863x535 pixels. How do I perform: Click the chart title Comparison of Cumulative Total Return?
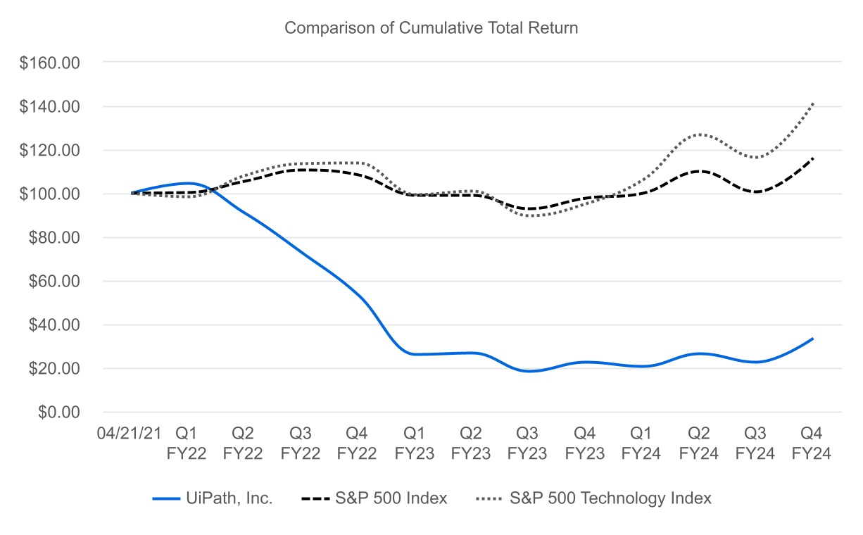[431, 28]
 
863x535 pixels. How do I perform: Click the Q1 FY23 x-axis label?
[414, 443]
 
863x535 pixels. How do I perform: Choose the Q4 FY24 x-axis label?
[813, 443]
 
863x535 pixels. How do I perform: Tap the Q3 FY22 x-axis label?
[300, 443]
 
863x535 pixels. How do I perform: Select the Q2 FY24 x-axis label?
[699, 443]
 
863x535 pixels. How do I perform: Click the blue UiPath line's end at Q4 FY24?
[813, 339]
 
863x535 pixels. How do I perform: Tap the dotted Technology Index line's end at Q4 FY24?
[813, 103]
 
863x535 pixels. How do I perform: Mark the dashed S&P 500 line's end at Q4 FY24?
[813, 158]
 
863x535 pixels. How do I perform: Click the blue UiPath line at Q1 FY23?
[414, 354]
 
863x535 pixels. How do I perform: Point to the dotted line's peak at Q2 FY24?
[699, 134]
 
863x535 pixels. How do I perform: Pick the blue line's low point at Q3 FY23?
[529, 371]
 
